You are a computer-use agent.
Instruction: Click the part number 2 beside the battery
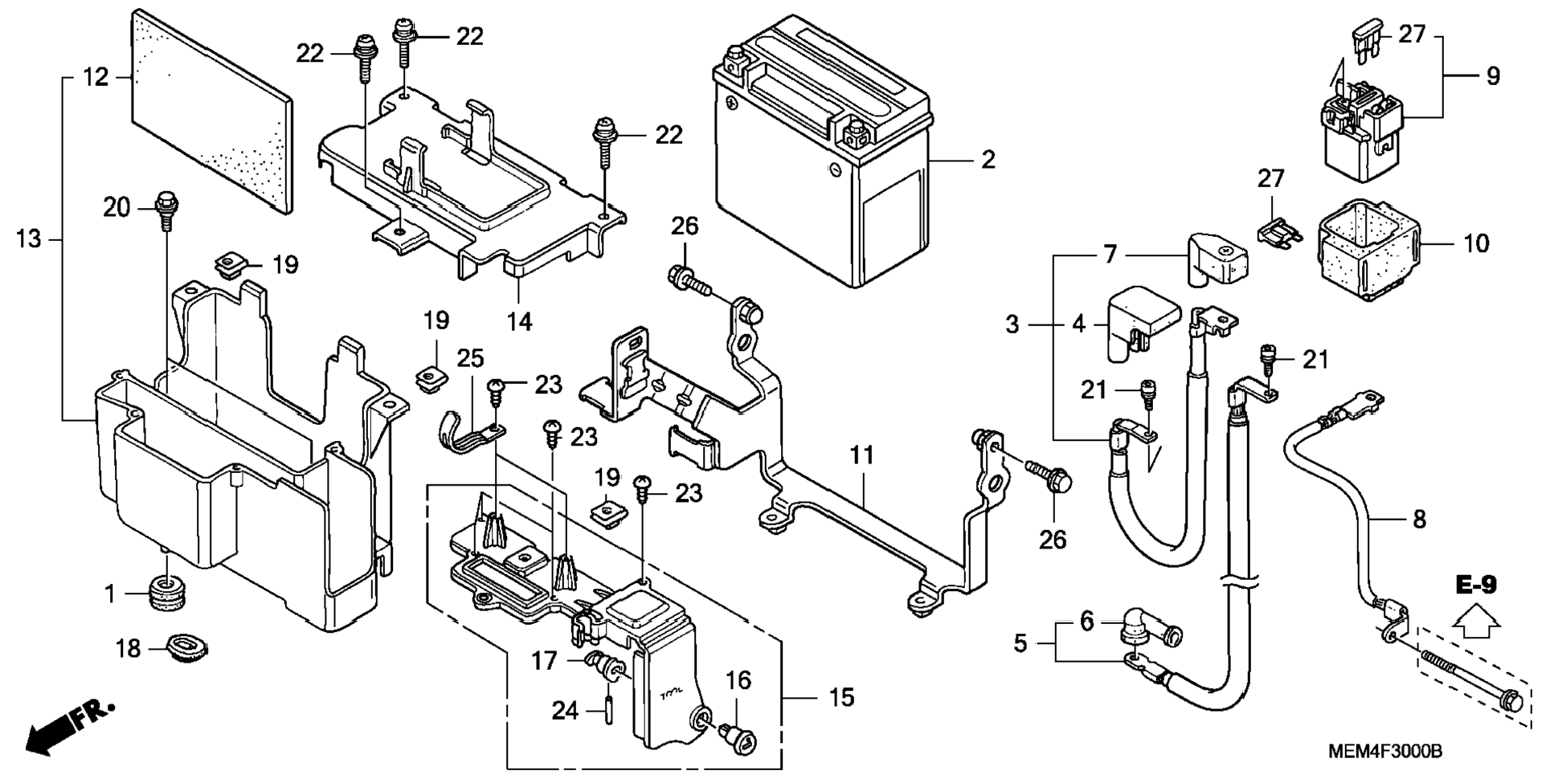(988, 159)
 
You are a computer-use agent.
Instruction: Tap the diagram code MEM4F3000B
(1384, 752)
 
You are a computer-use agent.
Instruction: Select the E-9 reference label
(1476, 585)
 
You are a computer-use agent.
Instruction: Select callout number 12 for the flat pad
(96, 77)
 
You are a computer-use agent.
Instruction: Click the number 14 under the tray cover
(519, 321)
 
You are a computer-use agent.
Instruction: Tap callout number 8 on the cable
(1419, 520)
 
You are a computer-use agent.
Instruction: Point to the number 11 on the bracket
(861, 455)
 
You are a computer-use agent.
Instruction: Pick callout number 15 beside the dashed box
(840, 697)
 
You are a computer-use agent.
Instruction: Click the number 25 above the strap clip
(471, 358)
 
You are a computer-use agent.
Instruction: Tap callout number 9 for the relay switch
(1492, 76)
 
